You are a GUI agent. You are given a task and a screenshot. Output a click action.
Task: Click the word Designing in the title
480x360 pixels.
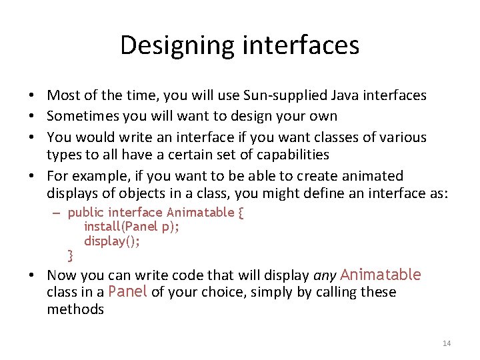pos(175,45)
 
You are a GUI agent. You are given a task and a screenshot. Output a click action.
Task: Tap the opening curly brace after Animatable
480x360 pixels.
pos(241,213)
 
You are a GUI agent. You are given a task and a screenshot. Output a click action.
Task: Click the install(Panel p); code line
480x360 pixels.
pos(131,227)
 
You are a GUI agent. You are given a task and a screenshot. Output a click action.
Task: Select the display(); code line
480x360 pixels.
pos(112,241)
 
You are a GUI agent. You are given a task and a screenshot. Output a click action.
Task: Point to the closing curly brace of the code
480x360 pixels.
pos(71,255)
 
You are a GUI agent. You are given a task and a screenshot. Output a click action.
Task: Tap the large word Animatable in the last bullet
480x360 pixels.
pos(380,275)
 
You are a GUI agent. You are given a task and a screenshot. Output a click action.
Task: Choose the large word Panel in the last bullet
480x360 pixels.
pos(127,292)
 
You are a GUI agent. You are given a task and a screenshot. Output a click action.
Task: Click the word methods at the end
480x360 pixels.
pos(75,309)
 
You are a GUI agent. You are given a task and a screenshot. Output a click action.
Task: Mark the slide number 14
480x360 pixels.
pos(447,343)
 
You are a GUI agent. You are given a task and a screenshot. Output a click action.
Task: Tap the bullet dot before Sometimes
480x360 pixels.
pos(33,116)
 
